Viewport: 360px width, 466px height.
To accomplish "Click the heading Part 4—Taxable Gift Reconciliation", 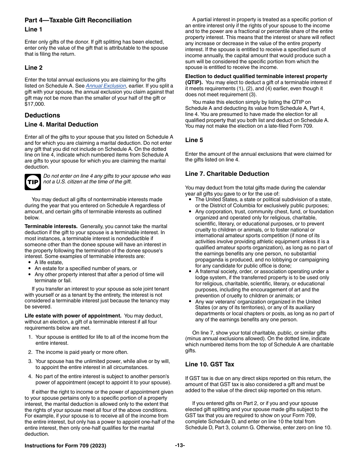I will click(x=78, y=20).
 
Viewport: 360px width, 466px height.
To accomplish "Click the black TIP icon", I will click(x=33, y=182).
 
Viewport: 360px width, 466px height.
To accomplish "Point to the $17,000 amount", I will click(x=34, y=104).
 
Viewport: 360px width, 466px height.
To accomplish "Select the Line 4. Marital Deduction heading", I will click(x=61, y=125).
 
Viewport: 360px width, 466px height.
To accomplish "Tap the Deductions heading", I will click(x=42, y=115).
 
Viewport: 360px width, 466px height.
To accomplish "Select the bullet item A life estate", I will click(x=49, y=263).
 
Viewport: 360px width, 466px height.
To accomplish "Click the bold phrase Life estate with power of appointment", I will click(x=73, y=316).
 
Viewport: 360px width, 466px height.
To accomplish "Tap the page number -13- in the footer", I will click(x=180, y=446).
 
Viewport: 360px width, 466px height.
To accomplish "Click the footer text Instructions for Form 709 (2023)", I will click(x=65, y=446).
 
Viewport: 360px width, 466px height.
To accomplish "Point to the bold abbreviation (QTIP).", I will click(x=194, y=83).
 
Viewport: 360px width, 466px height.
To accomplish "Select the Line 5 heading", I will click(x=194, y=140).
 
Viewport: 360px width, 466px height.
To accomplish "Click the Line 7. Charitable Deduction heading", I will click(x=227, y=174).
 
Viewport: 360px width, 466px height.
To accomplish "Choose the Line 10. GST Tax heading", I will click(x=210, y=364).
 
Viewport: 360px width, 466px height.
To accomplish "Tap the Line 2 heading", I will click(x=34, y=68).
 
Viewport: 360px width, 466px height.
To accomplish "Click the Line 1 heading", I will click(x=34, y=30).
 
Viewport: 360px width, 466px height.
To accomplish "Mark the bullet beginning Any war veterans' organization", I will click(x=258, y=302).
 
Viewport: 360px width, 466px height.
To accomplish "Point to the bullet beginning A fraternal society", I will click(x=261, y=272).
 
